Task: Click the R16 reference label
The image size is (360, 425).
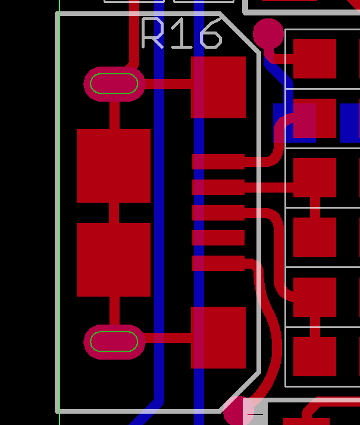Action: (181, 34)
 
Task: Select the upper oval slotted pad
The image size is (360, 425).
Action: (114, 84)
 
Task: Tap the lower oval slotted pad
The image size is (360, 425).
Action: (114, 342)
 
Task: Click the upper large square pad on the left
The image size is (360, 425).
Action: (114, 166)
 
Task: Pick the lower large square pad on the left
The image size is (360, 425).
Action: (114, 260)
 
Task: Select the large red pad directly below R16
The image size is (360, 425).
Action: (218, 87)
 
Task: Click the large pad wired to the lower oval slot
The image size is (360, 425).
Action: (218, 337)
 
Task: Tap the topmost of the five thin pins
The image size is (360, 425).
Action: (218, 161)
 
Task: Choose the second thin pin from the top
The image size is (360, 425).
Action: (218, 187)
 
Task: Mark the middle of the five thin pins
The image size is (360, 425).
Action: (218, 213)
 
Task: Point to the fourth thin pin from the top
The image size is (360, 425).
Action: (218, 238)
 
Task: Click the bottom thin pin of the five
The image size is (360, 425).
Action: (218, 263)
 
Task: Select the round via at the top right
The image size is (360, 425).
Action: (268, 34)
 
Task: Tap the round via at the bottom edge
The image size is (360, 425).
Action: (239, 411)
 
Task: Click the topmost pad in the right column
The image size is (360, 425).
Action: (314, 59)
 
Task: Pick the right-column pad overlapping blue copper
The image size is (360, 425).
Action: (314, 119)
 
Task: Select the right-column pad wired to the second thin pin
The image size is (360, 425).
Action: (314, 178)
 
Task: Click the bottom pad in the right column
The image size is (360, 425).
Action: (314, 357)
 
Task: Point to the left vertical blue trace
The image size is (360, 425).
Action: (159, 238)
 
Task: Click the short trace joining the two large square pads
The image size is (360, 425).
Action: (114, 213)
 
